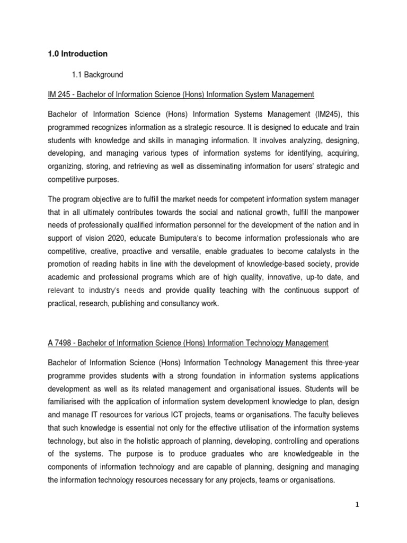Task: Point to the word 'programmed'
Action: click(70, 128)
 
